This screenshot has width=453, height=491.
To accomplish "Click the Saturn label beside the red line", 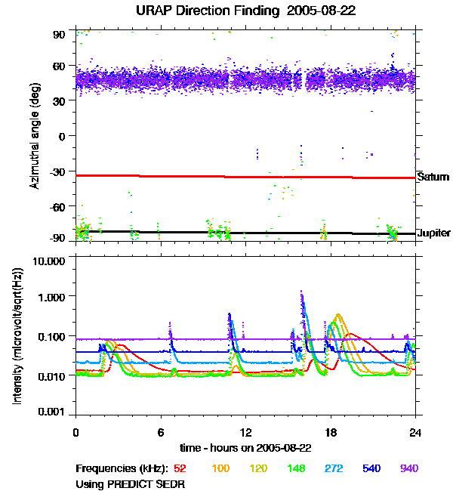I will click(433, 178).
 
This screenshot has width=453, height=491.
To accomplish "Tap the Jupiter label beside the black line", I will click(434, 233).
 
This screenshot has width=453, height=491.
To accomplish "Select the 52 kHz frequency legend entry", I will click(180, 468).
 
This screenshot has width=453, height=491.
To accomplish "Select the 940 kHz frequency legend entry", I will click(409, 468).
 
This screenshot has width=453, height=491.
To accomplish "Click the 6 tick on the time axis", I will click(161, 432).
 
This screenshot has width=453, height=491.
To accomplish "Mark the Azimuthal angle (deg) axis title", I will click(35, 137).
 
